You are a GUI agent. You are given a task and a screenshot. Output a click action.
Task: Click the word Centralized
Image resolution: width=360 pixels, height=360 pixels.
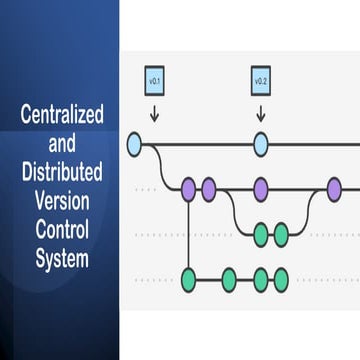point(61,115)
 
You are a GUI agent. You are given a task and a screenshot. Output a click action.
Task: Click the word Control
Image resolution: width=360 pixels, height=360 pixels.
point(61,230)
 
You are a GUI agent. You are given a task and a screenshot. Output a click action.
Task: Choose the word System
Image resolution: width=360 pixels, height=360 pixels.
point(61,258)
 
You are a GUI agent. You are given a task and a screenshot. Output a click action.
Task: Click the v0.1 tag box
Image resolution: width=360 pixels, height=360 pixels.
point(154,80)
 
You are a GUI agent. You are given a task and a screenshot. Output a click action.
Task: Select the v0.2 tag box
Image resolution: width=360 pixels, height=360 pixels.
point(261,80)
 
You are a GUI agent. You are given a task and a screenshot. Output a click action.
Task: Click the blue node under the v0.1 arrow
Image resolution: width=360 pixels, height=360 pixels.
point(136,146)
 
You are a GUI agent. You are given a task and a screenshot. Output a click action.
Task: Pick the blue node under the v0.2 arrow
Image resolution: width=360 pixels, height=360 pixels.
point(261,146)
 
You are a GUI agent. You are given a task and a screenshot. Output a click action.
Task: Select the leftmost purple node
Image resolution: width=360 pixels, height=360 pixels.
point(188,187)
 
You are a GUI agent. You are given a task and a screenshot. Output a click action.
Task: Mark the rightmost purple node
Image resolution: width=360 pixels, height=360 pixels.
point(334,187)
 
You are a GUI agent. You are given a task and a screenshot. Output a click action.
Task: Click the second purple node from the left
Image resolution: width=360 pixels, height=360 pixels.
point(209,187)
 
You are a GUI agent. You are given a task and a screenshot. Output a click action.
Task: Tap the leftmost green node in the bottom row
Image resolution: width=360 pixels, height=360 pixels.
point(188,277)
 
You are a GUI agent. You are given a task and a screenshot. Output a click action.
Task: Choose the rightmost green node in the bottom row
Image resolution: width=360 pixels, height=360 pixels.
point(281,277)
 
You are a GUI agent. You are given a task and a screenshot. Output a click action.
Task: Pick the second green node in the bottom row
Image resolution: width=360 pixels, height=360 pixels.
point(229,277)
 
